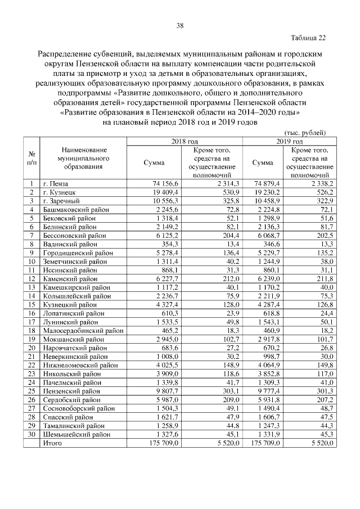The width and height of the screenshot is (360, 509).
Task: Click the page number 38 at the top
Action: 180,26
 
